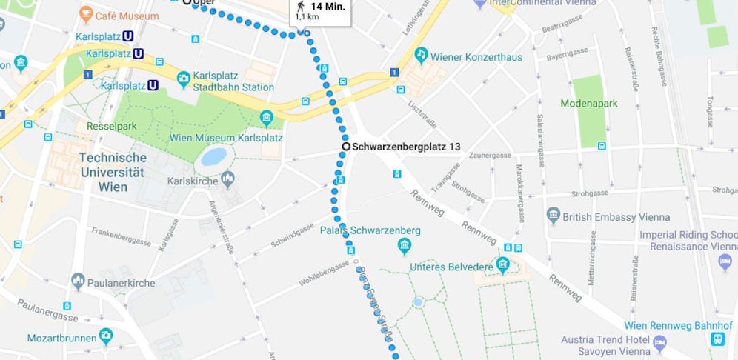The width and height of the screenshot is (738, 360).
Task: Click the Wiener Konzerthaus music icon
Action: pyautogui.click(x=421, y=55)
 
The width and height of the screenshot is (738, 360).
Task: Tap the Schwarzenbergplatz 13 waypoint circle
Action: pyautogui.click(x=346, y=147)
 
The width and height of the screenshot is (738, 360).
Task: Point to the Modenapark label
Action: pyautogui.click(x=588, y=104)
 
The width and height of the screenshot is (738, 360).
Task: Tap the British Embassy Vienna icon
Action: pyautogui.click(x=553, y=216)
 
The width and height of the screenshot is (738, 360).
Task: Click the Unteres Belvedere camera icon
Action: pyautogui.click(x=503, y=264)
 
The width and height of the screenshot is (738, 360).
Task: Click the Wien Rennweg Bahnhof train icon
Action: pyautogui.click(x=717, y=339)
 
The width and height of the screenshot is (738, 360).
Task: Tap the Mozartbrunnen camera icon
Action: pyautogui.click(x=105, y=338)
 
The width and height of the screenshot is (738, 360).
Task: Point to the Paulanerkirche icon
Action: pyautogui.click(x=79, y=281)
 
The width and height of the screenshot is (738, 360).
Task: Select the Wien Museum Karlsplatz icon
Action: pyautogui.click(x=267, y=118)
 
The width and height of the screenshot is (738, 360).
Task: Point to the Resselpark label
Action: pyautogui.click(x=112, y=126)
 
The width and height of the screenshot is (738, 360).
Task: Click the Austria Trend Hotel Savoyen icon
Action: pyautogui.click(x=659, y=343)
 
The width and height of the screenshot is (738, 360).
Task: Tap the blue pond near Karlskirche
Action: pyautogui.click(x=213, y=156)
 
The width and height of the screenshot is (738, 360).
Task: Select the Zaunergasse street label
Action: pyautogui.click(x=490, y=155)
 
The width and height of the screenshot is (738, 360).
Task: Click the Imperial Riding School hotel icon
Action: pyautogui.click(x=725, y=261)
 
